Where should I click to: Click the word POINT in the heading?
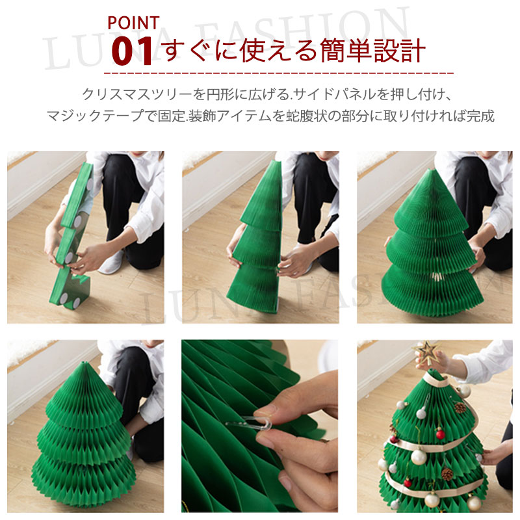pyautogui.click(x=133, y=23)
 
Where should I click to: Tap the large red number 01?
pyautogui.click(x=132, y=51)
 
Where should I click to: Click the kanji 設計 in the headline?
pyautogui.click(x=399, y=51)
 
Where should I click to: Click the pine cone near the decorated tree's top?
pyautogui.click(x=460, y=408)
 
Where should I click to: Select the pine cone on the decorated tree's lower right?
pyautogui.click(x=447, y=474)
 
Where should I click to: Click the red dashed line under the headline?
pyautogui.click(x=279, y=73)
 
